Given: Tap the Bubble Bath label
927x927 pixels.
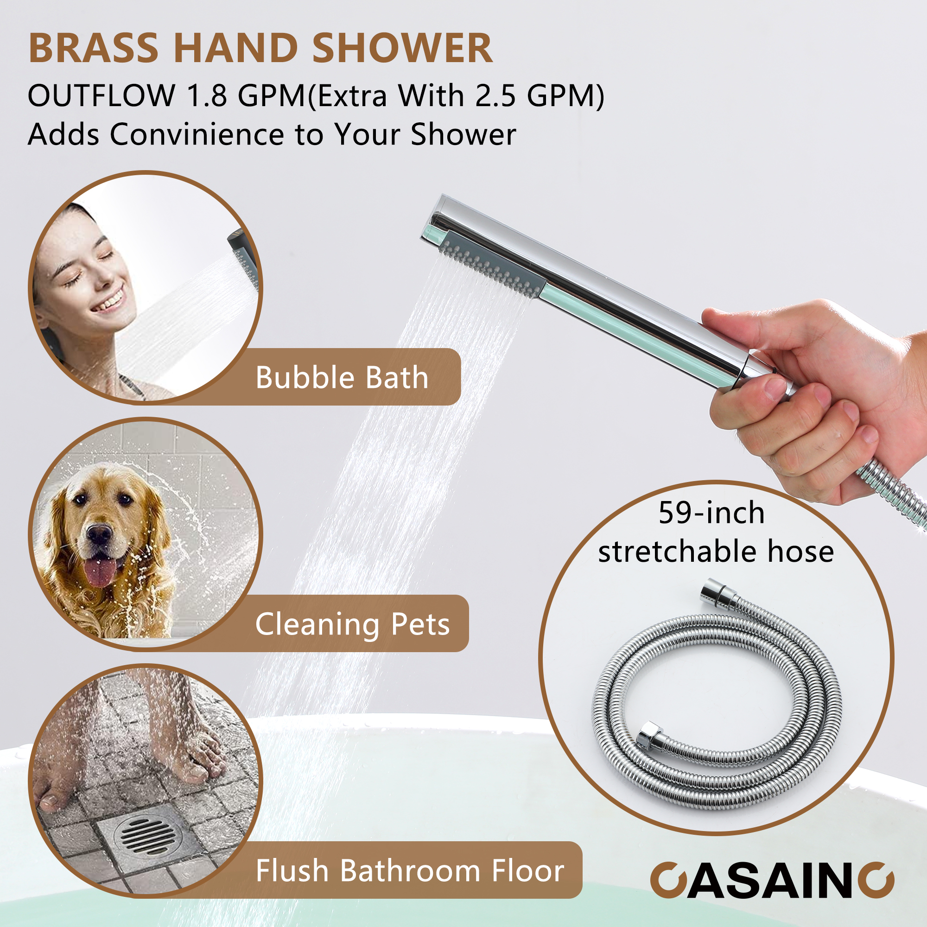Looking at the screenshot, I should pyautogui.click(x=342, y=378).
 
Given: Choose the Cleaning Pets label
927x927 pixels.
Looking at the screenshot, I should pyautogui.click(x=352, y=624).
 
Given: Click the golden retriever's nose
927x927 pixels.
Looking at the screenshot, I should pyautogui.click(x=99, y=533).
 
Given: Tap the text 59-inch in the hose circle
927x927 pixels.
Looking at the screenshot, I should pyautogui.click(x=711, y=513).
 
